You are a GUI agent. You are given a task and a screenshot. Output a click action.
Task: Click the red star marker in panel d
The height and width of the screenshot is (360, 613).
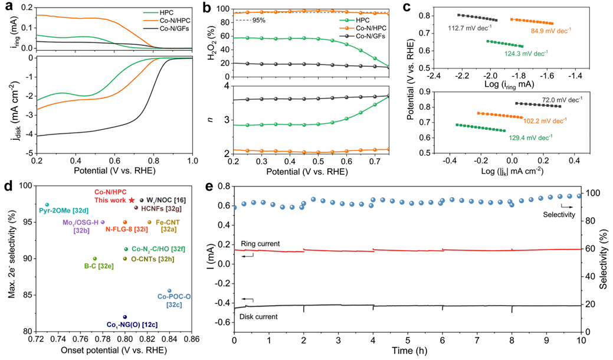click(132, 201)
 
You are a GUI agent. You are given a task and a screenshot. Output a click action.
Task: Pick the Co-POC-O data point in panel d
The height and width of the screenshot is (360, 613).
click(169, 290)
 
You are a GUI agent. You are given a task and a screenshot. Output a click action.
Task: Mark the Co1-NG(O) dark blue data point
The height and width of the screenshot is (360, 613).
click(124, 317)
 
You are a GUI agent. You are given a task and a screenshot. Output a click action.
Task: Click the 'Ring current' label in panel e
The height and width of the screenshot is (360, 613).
click(261, 244)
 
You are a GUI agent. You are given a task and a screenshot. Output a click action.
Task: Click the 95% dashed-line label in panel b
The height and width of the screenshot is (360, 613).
click(244, 20)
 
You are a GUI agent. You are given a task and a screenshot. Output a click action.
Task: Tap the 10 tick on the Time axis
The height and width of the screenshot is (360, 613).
click(581, 341)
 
